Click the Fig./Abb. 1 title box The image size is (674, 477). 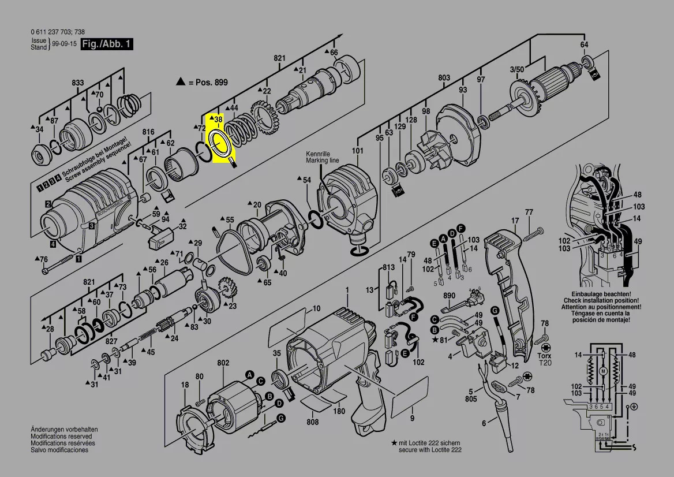click(x=107, y=44)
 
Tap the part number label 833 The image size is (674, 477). click(x=78, y=83)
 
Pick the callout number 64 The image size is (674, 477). click(x=584, y=45)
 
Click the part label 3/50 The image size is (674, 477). click(x=516, y=70)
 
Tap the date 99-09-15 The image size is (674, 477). click(x=64, y=44)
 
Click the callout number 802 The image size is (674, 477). click(x=223, y=363)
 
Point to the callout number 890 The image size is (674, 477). click(x=450, y=296)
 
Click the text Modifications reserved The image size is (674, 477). click(x=61, y=437)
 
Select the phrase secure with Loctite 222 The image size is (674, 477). click(x=430, y=449)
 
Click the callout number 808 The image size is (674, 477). click(x=312, y=422)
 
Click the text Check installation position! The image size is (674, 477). click(x=602, y=301)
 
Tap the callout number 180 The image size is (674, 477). click(x=340, y=411)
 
